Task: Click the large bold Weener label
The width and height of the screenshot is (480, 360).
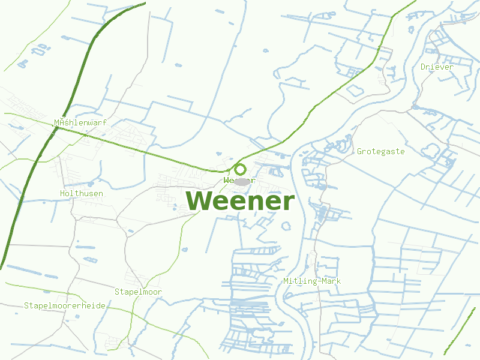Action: tap(241, 201)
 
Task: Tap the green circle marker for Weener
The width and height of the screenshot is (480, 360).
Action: tap(240, 169)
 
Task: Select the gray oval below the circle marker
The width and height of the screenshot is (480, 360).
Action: tap(241, 181)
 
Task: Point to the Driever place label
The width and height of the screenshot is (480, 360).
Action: tap(437, 67)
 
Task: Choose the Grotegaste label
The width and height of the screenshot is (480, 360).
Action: tap(380, 151)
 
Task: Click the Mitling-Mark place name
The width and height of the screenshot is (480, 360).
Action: tap(312, 281)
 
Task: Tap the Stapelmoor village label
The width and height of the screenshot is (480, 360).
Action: tap(138, 292)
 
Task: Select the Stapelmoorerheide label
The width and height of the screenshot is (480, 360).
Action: tap(65, 305)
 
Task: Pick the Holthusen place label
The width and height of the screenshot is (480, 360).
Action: tap(82, 193)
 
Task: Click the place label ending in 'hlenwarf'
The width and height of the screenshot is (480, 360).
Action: tap(80, 122)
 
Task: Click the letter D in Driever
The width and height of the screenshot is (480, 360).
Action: tap(423, 67)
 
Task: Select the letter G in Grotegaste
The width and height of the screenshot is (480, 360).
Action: tap(360, 151)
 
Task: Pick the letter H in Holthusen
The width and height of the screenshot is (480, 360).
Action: tap(63, 193)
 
